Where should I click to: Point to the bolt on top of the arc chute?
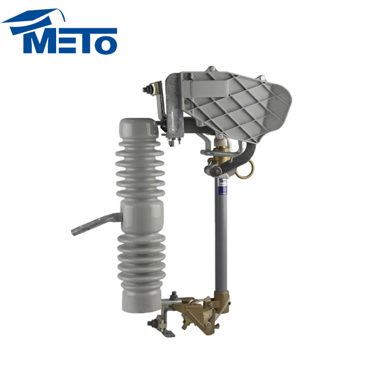[x=211, y=69]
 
